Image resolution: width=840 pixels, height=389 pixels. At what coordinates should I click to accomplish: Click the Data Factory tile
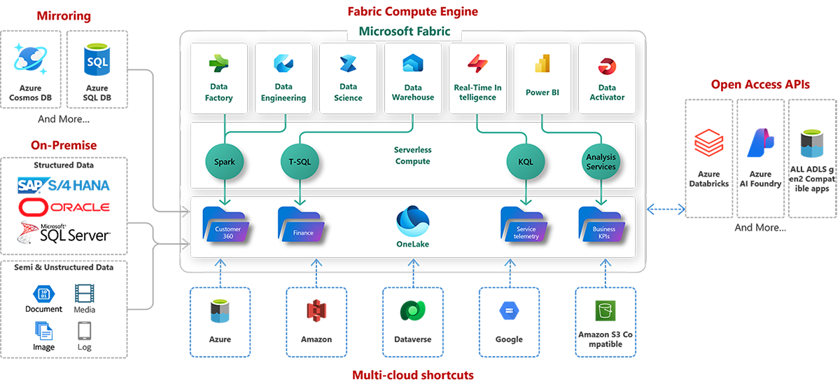click(x=219, y=78)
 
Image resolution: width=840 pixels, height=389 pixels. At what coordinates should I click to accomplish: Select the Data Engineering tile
click(x=283, y=78)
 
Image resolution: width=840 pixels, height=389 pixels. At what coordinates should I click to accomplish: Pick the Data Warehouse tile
click(x=412, y=78)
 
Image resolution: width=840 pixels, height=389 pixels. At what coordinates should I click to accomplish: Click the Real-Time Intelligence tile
click(x=477, y=78)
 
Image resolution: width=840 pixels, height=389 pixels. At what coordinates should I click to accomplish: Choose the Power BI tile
click(x=542, y=78)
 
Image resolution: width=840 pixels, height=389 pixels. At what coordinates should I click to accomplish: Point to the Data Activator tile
click(x=607, y=78)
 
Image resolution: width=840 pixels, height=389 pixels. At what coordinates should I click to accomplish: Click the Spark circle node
click(x=224, y=162)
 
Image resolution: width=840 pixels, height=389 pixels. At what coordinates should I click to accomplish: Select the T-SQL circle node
click(x=300, y=162)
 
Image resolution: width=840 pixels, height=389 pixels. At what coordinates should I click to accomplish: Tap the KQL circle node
click(x=525, y=162)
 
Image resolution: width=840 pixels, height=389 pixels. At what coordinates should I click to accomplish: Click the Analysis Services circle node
click(x=601, y=162)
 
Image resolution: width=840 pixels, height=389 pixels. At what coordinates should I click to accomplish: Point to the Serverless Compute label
click(x=412, y=156)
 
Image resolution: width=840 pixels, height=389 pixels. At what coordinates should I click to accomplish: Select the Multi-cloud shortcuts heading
click(x=412, y=375)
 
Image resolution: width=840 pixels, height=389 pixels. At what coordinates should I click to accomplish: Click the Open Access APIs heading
click(x=760, y=85)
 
